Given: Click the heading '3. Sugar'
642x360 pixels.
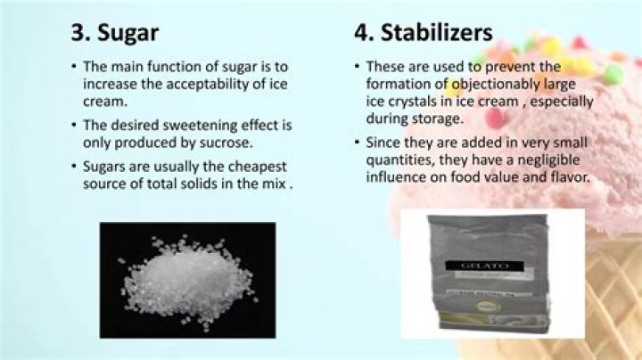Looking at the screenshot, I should pyautogui.click(x=115, y=32).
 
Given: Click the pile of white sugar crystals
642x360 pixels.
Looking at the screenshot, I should pyautogui.click(x=187, y=276).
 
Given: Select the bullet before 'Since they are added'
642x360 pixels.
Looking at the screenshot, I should pyautogui.click(x=357, y=143).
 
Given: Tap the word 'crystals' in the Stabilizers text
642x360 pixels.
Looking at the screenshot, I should pyautogui.click(x=407, y=102).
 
